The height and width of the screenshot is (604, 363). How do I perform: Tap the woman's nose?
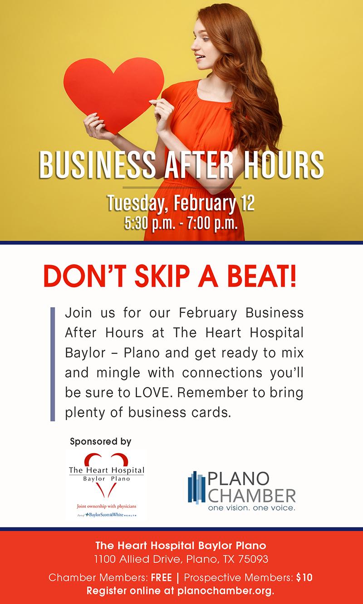[x=193, y=47]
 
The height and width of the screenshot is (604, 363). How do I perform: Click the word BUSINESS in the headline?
[x=97, y=164]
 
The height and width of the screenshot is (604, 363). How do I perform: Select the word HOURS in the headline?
[x=284, y=164]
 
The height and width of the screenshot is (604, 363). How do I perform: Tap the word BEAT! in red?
[x=262, y=276]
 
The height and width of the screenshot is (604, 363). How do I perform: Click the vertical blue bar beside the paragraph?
[x=53, y=364]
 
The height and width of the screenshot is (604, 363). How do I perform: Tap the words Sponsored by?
[x=100, y=441]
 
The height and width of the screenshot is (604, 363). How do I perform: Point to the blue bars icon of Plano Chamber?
[x=196, y=488]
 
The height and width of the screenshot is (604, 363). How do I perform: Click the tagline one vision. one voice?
[x=252, y=508]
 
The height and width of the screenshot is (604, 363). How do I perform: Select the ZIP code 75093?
[x=253, y=559]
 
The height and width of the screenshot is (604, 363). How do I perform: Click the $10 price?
[x=304, y=577]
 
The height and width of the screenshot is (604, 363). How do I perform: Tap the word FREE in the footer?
[x=161, y=578]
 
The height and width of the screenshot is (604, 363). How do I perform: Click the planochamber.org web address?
[x=226, y=591]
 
